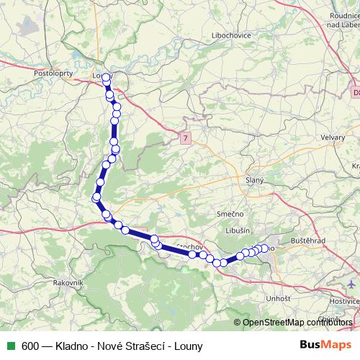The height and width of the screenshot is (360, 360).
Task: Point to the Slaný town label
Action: [x=255, y=179]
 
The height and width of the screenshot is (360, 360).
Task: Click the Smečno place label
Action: [x=231, y=215]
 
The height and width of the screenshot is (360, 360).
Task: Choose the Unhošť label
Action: [x=279, y=297]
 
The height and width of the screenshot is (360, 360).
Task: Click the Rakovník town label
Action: [x=69, y=283]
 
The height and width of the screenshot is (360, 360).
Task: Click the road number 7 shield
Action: [x=186, y=137]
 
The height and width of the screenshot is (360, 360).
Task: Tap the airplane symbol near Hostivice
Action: [x=351, y=283]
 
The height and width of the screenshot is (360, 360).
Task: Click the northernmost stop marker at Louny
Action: [x=106, y=78]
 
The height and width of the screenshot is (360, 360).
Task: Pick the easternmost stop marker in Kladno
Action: [x=264, y=248]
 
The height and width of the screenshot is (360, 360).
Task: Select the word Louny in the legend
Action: [x=187, y=346]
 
